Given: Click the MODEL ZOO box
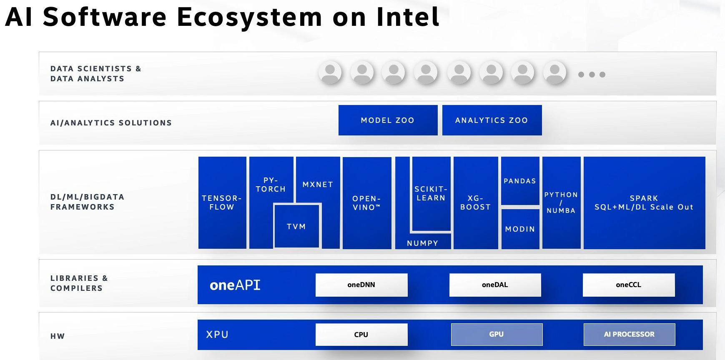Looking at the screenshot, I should tap(388, 120).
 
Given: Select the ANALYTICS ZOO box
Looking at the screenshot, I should tap(492, 120).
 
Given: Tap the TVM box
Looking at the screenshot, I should tap(296, 226).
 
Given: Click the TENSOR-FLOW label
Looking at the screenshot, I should tap(222, 202).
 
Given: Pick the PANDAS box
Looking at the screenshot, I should tap(520, 181).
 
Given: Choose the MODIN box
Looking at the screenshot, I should tap(520, 229).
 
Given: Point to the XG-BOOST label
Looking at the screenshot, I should tap(475, 202).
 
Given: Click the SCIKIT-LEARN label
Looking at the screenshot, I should tap(431, 193).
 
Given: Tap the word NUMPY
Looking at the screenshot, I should tap(422, 243).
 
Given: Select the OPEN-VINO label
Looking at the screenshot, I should tap(366, 203).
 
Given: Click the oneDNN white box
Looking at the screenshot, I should tap(361, 285).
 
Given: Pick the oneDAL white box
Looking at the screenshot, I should tap(495, 285).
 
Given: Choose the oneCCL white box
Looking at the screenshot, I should tap(628, 285).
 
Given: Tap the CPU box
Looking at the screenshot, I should tap(361, 334).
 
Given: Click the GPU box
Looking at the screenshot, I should tap(496, 334).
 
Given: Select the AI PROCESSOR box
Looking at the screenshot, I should tap(629, 334).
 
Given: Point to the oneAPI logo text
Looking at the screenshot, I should tap(235, 285).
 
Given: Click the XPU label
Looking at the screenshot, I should tap(217, 335).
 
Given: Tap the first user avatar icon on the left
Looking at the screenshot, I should tap(330, 72).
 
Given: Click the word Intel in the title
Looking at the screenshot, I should tap(408, 17).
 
